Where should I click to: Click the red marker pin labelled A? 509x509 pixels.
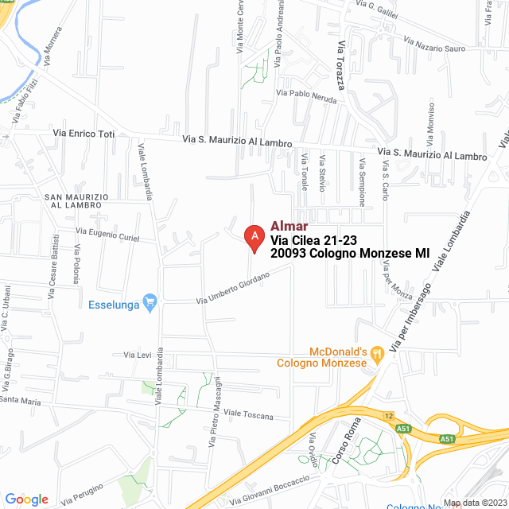[254, 236]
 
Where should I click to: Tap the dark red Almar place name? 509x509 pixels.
[289, 226]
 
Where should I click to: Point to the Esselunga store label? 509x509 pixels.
[114, 304]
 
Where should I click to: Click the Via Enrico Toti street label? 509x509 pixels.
[84, 134]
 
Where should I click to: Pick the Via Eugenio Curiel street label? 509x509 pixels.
[107, 234]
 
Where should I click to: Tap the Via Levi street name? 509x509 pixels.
[138, 355]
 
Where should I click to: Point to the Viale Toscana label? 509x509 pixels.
[248, 414]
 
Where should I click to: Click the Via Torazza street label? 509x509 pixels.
[341, 64]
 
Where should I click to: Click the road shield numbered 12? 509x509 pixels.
[389, 415]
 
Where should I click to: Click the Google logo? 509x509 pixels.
[26, 499]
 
